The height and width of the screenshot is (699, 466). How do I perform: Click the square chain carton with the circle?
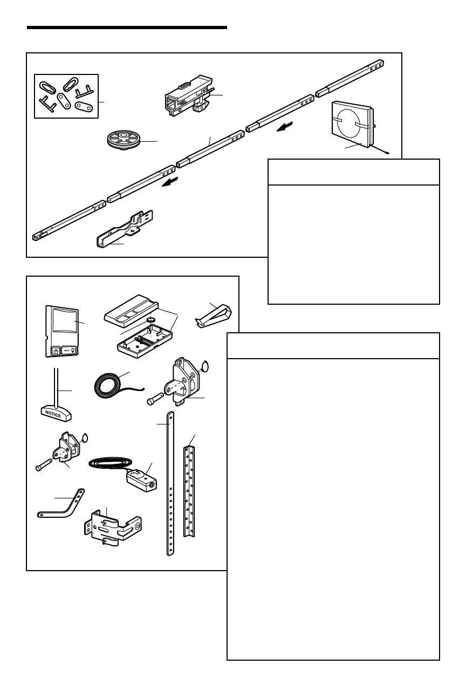click(352, 126)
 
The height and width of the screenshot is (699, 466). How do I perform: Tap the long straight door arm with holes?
click(170, 483)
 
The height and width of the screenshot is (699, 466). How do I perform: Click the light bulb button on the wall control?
click(71, 349)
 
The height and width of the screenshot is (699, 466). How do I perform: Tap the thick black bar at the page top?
click(127, 27)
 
